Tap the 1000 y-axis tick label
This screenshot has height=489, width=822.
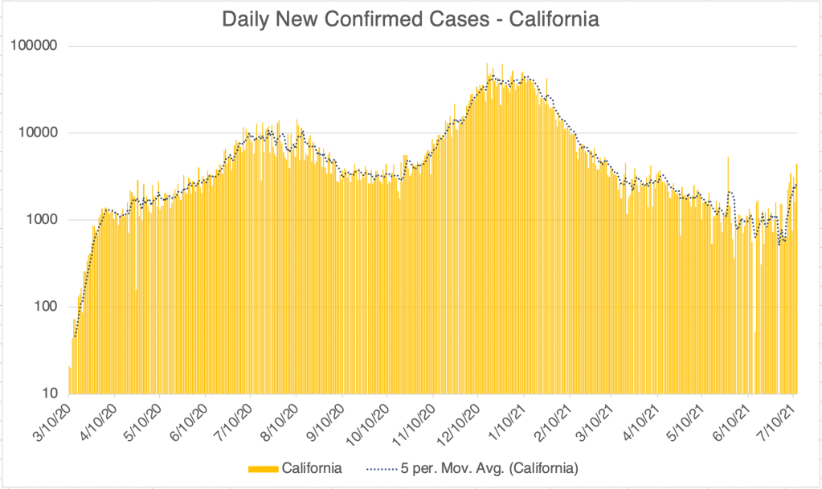pos(44,219)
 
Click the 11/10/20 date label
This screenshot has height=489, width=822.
pos(414,418)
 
